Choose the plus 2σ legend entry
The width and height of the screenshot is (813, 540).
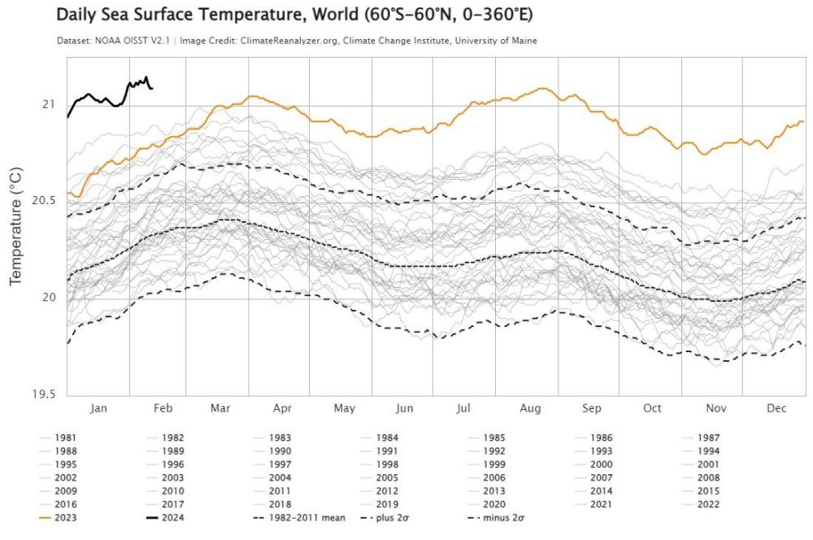pos(395,516)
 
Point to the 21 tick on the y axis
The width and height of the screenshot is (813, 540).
pos(47,104)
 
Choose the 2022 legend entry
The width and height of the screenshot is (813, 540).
pos(707,503)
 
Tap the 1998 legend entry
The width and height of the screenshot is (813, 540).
pos(387,464)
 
